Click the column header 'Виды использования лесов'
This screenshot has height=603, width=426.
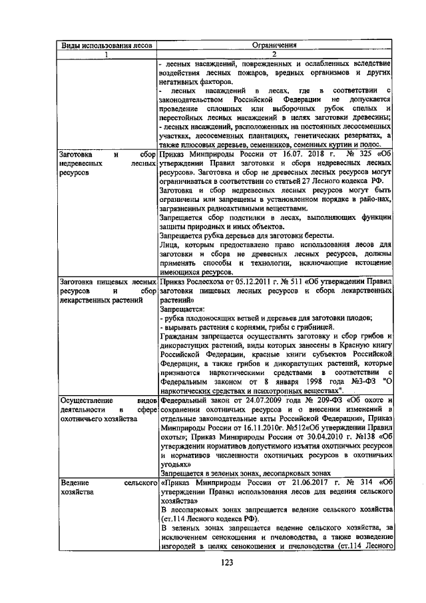click(107, 45)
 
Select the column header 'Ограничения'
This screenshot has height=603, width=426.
click(274, 45)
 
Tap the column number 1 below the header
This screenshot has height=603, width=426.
click(107, 54)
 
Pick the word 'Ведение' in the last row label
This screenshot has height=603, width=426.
click(76, 481)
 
